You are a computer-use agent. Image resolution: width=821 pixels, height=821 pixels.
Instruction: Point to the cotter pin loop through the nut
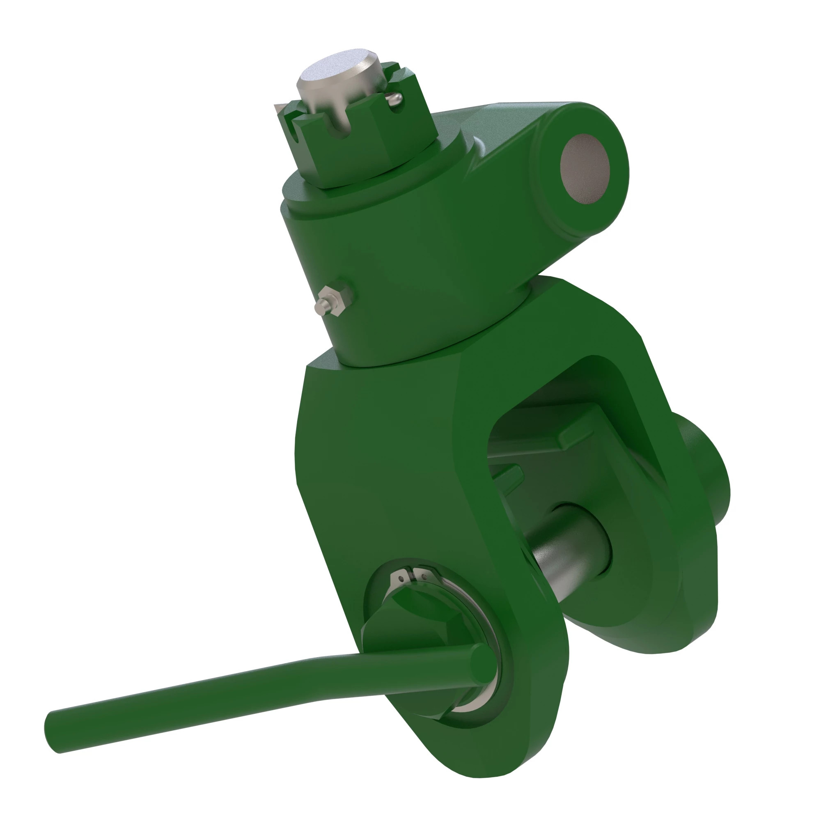[395, 100]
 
